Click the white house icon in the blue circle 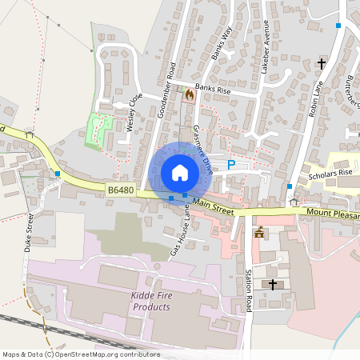click(x=180, y=173)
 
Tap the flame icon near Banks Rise click(x=190, y=94)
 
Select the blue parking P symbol click(x=231, y=165)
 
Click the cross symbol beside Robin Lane click(x=322, y=62)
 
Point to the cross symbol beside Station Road click(x=272, y=284)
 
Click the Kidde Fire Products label click(x=152, y=302)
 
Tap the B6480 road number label click(x=120, y=190)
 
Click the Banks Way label click(x=221, y=45)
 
